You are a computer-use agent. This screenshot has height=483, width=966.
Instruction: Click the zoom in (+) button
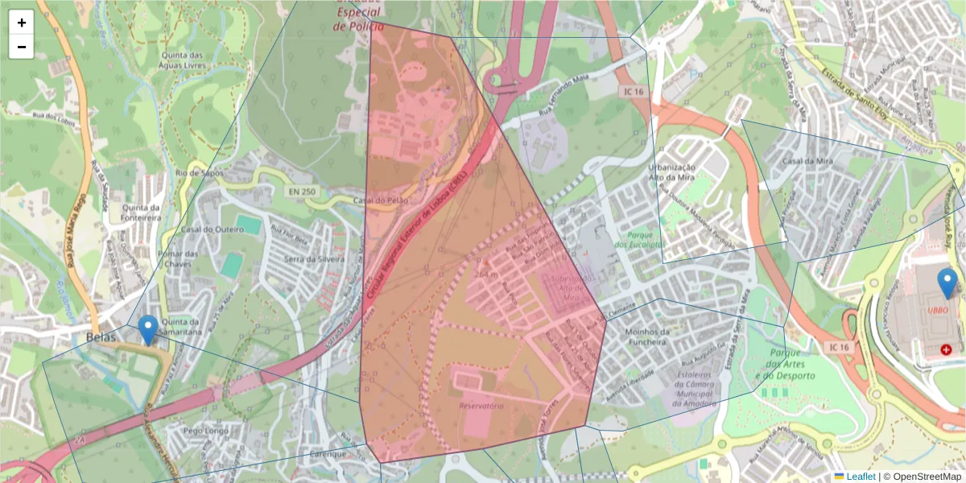point(22,23)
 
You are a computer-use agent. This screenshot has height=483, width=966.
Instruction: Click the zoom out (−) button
point(22,47)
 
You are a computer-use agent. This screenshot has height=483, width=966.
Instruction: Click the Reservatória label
point(481,406)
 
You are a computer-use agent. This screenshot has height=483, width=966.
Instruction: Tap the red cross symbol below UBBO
point(946,349)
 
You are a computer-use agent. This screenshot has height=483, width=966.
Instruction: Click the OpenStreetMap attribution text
point(927,477)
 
